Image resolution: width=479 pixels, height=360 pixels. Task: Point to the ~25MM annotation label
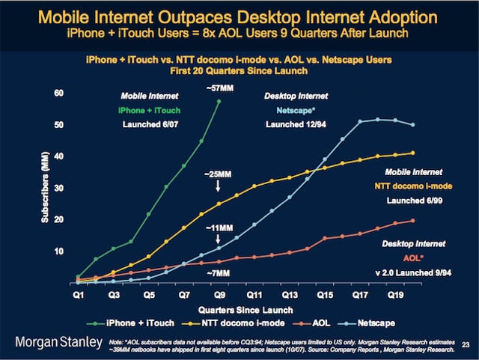pyautogui.click(x=218, y=174)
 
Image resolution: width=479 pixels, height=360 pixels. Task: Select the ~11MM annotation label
pyautogui.click(x=218, y=226)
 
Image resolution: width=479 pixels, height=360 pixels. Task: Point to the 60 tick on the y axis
pyautogui.click(x=59, y=94)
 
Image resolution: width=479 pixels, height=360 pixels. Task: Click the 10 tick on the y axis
pyautogui.click(x=59, y=251)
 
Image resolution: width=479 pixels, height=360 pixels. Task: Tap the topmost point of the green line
pyautogui.click(x=219, y=101)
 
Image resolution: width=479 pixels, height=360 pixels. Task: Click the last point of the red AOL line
pyautogui.click(x=414, y=220)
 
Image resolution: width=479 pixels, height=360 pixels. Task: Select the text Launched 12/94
pyautogui.click(x=293, y=123)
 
